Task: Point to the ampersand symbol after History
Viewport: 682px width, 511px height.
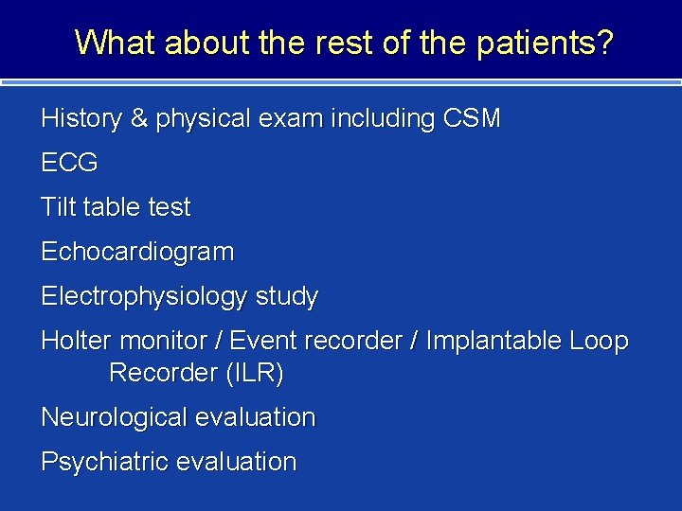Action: coord(139,119)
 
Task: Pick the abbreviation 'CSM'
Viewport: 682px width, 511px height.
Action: coord(471,119)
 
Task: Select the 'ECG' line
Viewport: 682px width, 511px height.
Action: coord(69,163)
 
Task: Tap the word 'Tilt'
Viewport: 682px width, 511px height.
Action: coord(57,207)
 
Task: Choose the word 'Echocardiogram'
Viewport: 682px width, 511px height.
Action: coord(137,252)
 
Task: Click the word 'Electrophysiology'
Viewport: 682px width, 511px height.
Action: coord(143,296)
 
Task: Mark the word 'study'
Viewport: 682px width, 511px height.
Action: coord(286,296)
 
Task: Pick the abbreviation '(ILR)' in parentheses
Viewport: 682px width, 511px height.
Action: coord(254,374)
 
